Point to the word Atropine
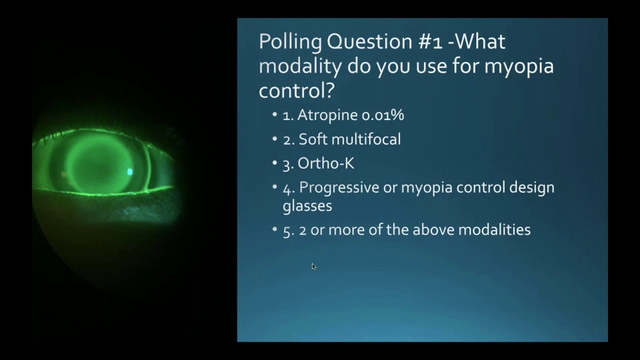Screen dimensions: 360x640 coord(327,115)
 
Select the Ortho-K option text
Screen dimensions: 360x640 coord(325,163)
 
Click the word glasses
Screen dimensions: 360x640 coord(307,205)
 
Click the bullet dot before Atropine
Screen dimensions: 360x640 coord(274,115)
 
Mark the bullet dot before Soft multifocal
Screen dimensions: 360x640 coord(274,139)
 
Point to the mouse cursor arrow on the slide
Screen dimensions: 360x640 coord(313,266)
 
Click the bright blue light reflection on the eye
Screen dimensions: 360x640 coord(130,172)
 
